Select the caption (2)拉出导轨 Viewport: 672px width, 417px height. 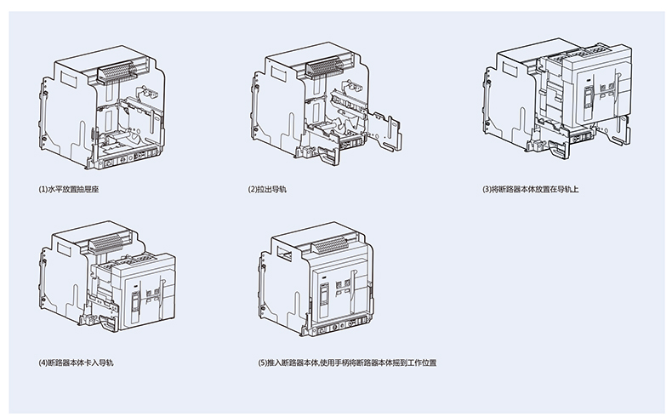268,187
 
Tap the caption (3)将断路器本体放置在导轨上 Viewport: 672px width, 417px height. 530,187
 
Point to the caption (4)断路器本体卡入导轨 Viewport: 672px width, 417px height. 77,363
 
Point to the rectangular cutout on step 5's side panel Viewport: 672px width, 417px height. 282,252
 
